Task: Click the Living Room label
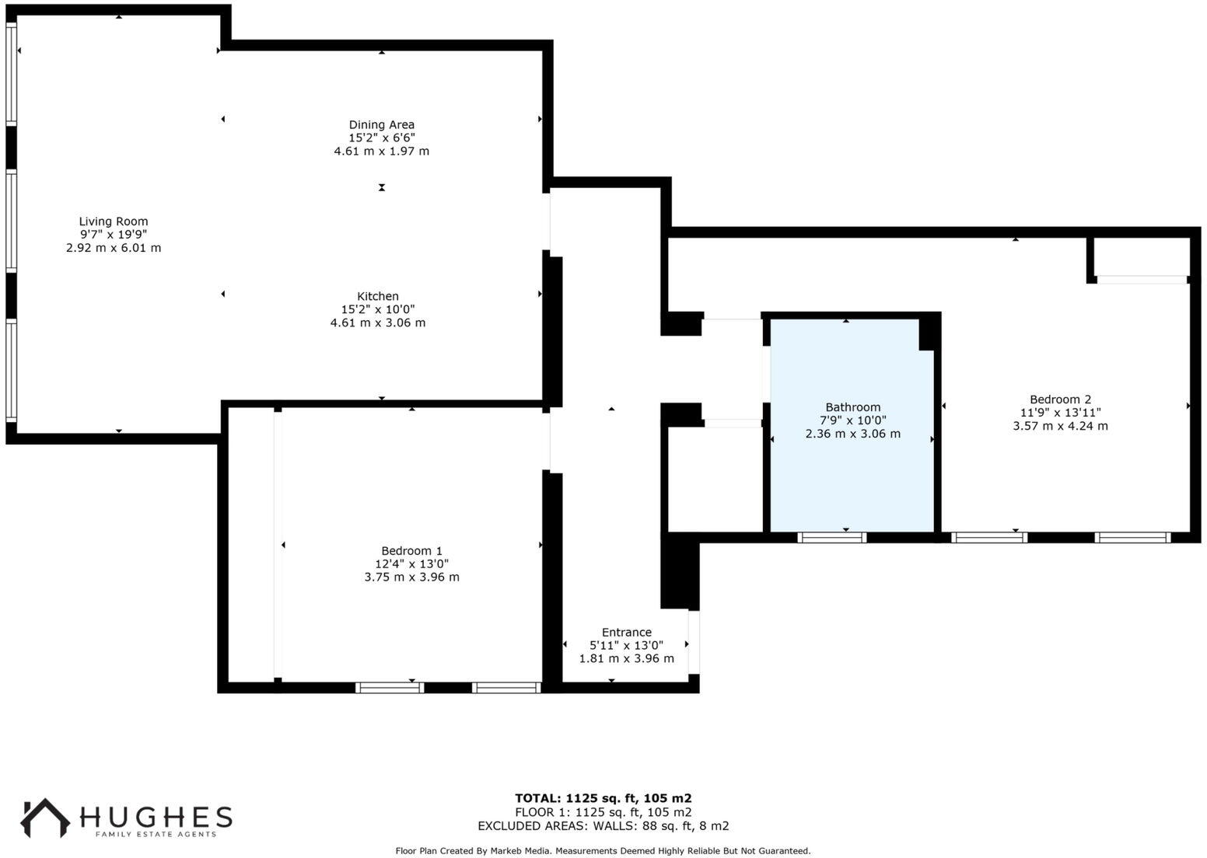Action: pos(114,221)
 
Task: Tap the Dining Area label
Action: pos(381,124)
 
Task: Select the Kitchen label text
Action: pos(378,296)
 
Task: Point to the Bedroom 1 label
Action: pos(411,551)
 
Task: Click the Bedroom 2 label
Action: pos(1060,399)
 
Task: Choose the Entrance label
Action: pos(626,633)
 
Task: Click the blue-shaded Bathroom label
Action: pos(852,407)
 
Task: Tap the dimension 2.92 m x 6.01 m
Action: pos(114,248)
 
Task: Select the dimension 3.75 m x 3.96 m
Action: pos(411,577)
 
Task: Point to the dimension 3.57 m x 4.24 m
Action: pos(1060,426)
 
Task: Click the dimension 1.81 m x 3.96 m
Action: pos(626,659)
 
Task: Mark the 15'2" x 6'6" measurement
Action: pos(381,138)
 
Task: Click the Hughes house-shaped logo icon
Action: pos(44,818)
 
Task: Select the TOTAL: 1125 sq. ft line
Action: pos(603,798)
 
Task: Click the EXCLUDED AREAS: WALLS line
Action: pos(603,826)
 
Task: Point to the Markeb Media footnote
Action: pos(603,851)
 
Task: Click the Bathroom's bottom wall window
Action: pos(832,537)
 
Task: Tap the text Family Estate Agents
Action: pos(156,835)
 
